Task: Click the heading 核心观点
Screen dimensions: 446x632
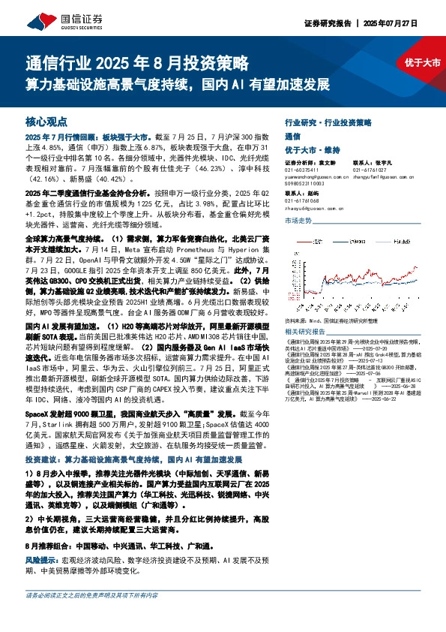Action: [47, 120]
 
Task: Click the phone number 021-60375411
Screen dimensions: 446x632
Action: [303, 170]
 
